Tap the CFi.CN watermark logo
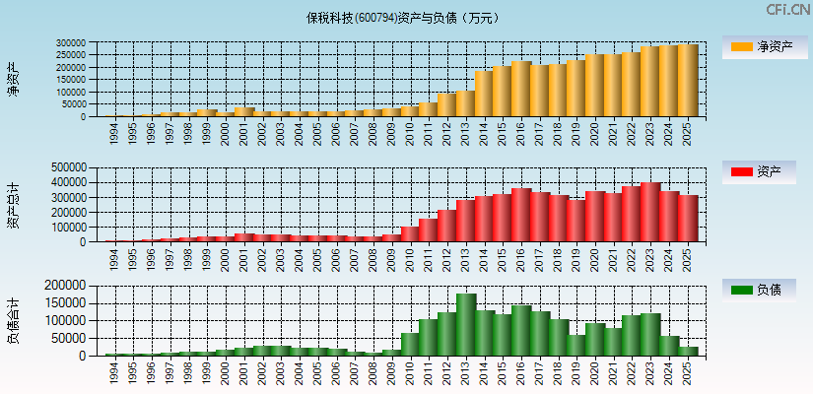click(x=788, y=10)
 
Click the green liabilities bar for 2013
click(x=465, y=325)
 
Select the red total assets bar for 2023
click(x=650, y=213)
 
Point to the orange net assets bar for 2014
click(x=483, y=94)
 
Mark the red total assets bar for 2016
click(x=520, y=216)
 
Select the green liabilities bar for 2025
click(x=687, y=352)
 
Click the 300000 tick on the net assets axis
click(x=71, y=43)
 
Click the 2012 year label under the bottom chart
click(x=446, y=371)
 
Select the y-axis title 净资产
click(x=13, y=79)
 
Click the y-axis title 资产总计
click(x=13, y=204)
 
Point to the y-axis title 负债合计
click(x=13, y=320)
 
